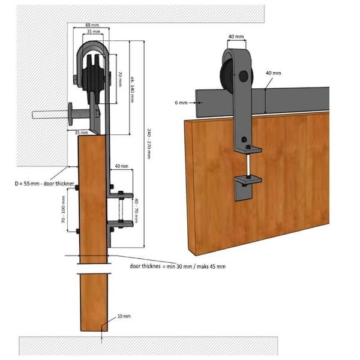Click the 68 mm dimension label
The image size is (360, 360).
(x=92, y=25)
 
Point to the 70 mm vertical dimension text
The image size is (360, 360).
(x=120, y=79)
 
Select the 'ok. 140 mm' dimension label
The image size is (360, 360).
(x=133, y=89)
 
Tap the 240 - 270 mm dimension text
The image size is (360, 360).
(x=149, y=143)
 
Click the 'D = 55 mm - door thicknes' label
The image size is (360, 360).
(x=44, y=184)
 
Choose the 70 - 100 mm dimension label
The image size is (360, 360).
(x=64, y=209)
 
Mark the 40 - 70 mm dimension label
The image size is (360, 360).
(x=136, y=211)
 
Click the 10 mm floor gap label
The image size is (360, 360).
(x=124, y=316)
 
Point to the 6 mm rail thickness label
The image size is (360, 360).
(x=181, y=103)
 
